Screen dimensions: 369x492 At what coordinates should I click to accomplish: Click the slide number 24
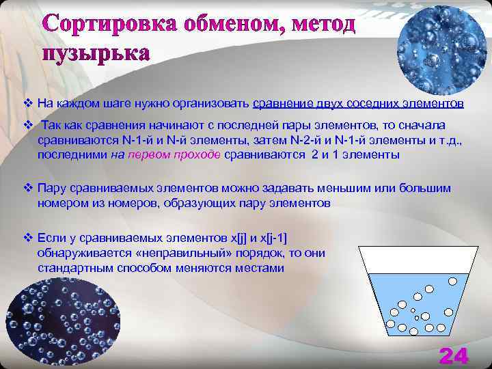pos(454,355)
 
